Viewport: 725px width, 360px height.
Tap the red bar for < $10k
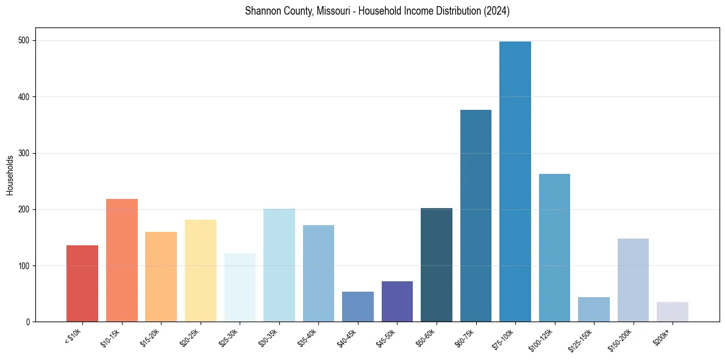point(82,283)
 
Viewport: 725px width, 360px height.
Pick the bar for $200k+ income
point(673,312)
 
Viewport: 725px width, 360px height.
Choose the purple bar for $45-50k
point(397,301)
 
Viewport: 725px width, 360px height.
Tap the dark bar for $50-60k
point(437,265)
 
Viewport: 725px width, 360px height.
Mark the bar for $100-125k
point(554,248)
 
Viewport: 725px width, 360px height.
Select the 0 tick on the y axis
point(29,322)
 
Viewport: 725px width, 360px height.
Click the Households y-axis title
point(10,175)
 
